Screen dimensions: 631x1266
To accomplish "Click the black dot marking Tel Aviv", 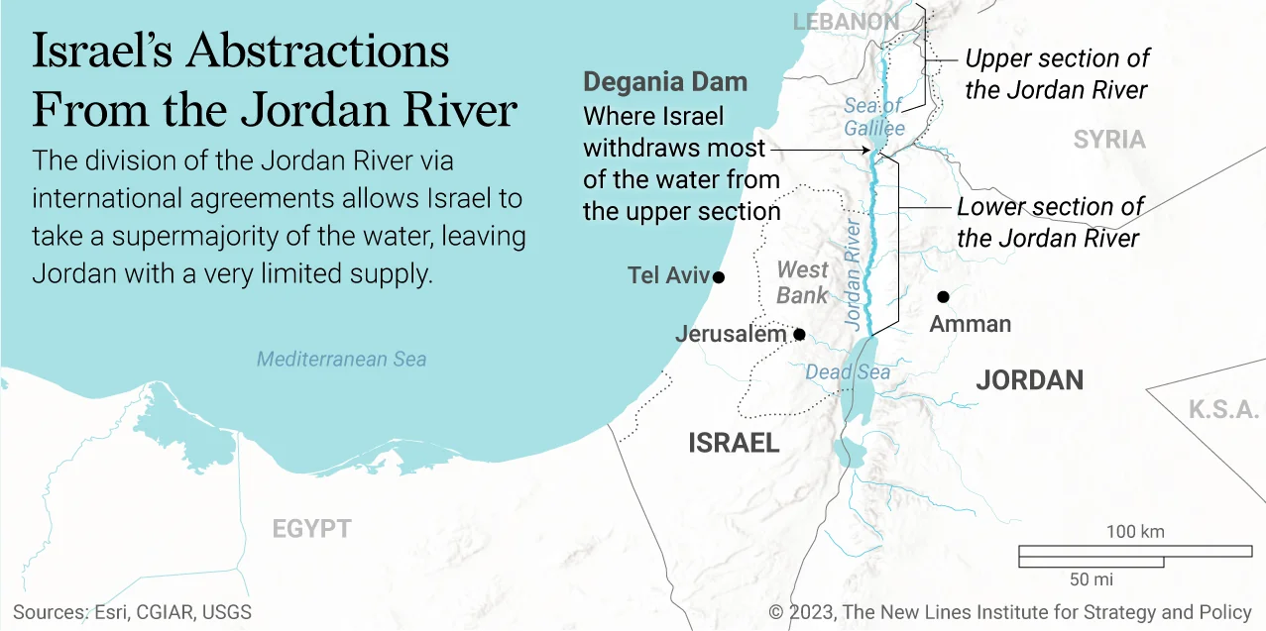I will click(719, 276).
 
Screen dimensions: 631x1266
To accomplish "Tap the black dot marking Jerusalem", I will click(799, 334).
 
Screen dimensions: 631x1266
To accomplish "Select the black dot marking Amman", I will click(943, 296).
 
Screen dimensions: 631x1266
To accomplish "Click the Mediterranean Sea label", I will click(341, 359).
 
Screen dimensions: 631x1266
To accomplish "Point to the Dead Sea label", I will click(847, 372).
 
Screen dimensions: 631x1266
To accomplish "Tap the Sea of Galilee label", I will click(873, 117).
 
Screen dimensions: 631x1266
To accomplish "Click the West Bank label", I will click(802, 282).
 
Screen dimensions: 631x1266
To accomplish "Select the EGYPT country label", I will click(311, 529).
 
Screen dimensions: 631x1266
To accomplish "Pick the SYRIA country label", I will click(1109, 140).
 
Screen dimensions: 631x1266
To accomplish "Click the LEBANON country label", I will click(846, 22).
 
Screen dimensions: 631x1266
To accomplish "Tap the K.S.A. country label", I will click(1223, 409).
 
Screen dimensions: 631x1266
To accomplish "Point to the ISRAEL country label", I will click(734, 443).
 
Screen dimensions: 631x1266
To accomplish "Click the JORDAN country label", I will click(1029, 379).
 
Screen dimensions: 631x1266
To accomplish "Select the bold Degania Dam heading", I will click(665, 81).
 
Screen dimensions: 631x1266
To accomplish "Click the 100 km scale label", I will click(1135, 532).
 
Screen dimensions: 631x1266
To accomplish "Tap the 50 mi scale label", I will click(1092, 578).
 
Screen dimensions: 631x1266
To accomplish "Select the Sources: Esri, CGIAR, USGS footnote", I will click(132, 612).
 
